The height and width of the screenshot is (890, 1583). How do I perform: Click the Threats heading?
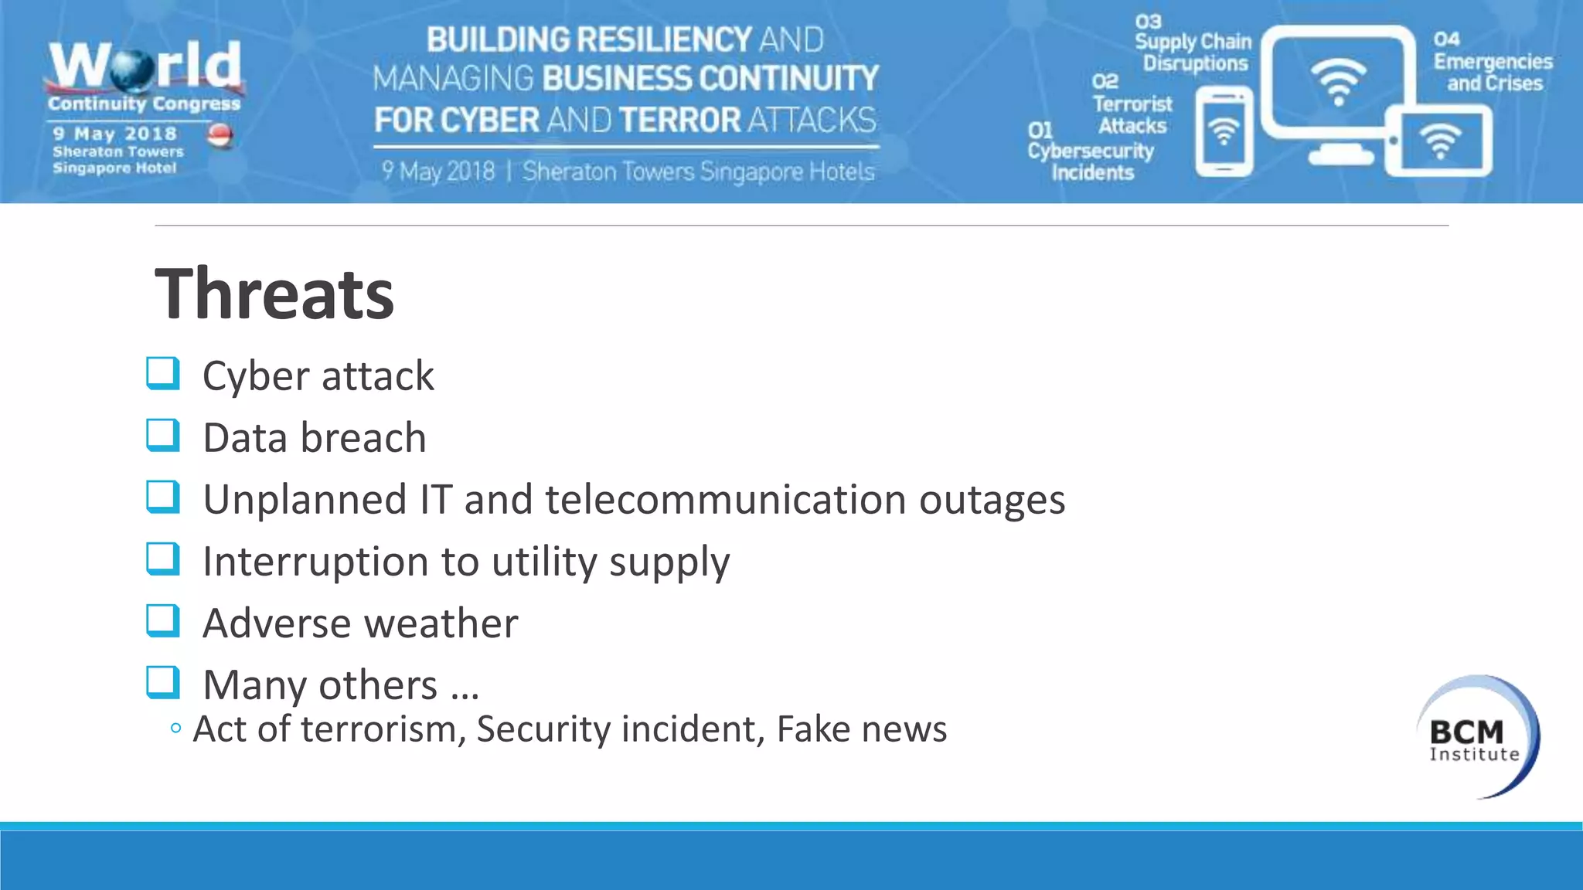point(274,294)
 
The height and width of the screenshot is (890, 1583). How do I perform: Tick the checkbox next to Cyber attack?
point(163,373)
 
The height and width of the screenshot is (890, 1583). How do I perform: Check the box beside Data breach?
point(163,435)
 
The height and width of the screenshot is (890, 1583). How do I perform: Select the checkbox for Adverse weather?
point(163,620)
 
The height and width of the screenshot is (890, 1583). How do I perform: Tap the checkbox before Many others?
point(163,682)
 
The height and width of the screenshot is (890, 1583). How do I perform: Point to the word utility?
point(544,561)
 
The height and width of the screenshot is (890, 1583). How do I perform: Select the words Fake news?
point(861,729)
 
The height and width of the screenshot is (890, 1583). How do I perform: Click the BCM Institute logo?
point(1476,736)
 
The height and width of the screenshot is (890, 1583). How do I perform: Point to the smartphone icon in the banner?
point(1224,132)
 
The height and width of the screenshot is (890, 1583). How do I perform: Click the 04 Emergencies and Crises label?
point(1492,63)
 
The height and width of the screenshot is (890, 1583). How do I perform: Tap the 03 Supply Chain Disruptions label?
point(1193,44)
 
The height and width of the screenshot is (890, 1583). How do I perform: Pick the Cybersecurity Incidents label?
point(1091,161)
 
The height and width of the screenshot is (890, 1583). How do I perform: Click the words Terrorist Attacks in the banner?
point(1132,114)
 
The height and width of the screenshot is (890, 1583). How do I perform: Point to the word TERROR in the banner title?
point(679,120)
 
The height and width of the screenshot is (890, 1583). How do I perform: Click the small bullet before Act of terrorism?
point(175,728)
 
